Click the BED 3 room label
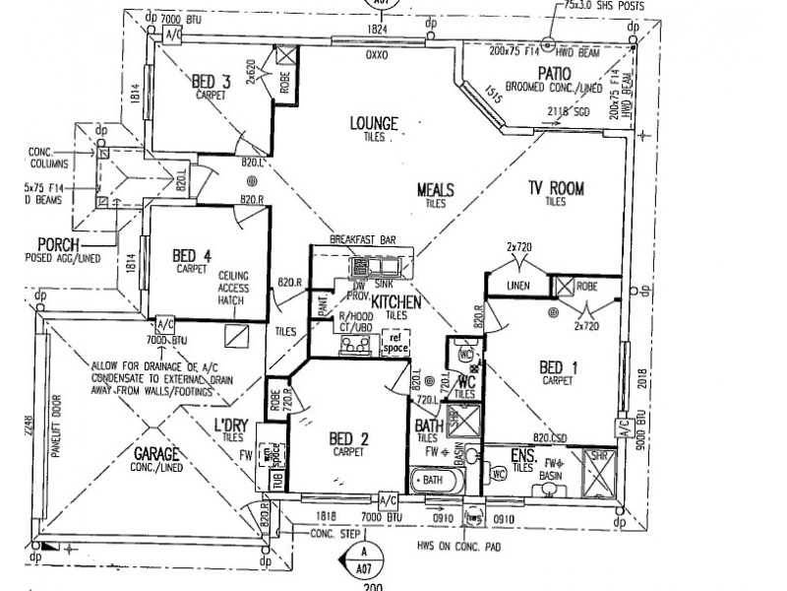[x=211, y=82]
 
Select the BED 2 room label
[x=349, y=438]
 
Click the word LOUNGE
[x=374, y=123]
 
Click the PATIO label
[x=555, y=73]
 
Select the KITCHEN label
[x=396, y=302]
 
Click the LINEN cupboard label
[x=519, y=286]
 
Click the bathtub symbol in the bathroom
[x=432, y=482]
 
